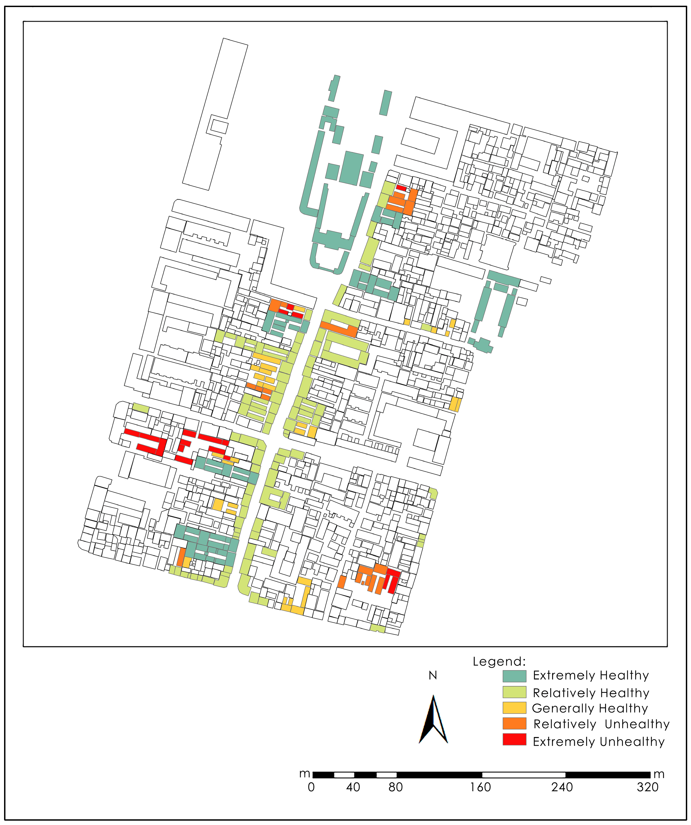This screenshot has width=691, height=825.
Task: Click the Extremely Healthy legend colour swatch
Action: point(514,676)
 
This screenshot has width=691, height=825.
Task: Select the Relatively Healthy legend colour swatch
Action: point(514,692)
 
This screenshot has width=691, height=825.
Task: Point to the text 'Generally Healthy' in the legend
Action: point(590,708)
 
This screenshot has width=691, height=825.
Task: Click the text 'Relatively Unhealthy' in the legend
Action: point(601,724)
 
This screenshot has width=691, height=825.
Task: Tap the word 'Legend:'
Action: point(499,662)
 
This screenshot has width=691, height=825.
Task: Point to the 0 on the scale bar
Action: point(311,787)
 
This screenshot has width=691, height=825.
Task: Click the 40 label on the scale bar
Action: point(353,787)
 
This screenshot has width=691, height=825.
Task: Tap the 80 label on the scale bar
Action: point(395,787)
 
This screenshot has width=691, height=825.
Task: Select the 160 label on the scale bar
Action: point(480,787)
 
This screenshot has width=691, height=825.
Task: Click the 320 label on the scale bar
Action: point(647,787)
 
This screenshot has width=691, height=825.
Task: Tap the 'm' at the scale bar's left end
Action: point(305,773)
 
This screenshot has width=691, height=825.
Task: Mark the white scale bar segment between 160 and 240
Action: point(524,775)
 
